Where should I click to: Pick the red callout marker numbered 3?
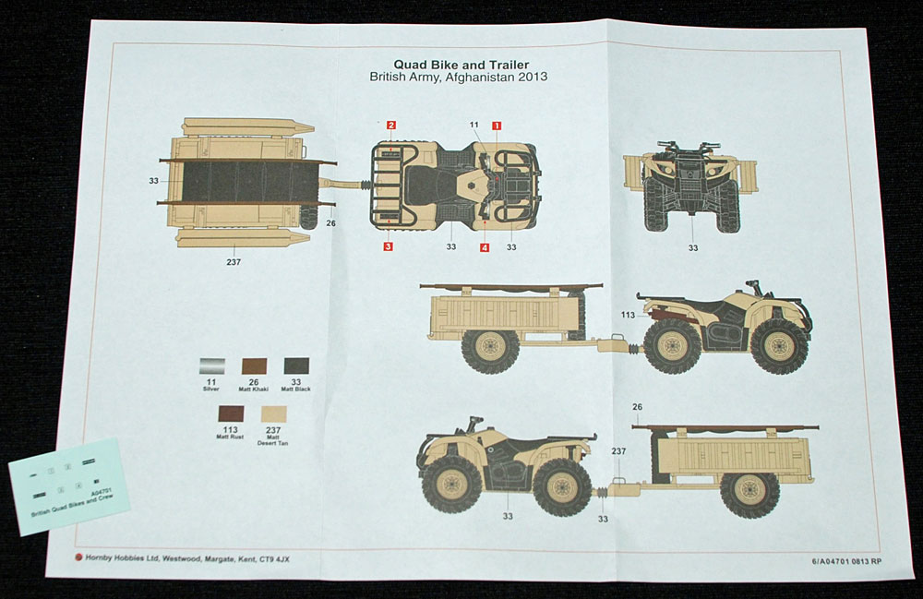tap(389, 246)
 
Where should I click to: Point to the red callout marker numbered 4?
tap(484, 246)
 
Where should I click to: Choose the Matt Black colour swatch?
tap(297, 365)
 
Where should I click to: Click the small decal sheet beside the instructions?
tap(70, 485)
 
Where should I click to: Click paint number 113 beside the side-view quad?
tap(628, 315)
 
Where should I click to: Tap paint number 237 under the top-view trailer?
tap(234, 261)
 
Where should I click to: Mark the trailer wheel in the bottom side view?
tap(749, 495)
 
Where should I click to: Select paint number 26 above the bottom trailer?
tap(637, 407)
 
